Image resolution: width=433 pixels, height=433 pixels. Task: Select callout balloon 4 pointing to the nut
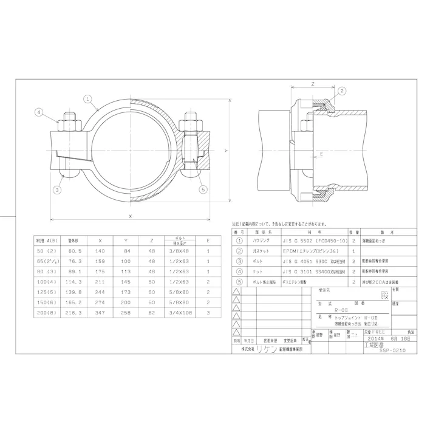click(38, 112)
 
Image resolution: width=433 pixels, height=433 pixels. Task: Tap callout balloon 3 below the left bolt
click(56, 190)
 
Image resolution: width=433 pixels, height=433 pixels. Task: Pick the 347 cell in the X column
click(100, 312)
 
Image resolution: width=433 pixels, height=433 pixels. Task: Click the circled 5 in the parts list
click(239, 282)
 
